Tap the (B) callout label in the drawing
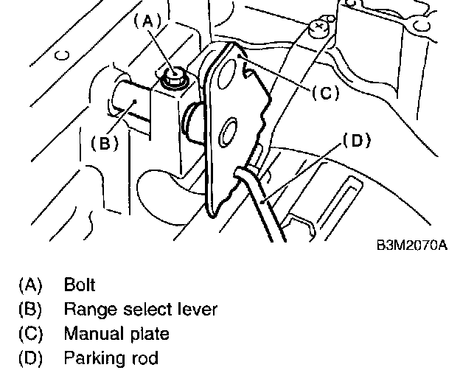(x=104, y=143)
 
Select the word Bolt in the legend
(x=80, y=284)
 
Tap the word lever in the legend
(x=195, y=309)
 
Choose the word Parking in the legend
(x=92, y=359)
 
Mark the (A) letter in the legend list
(x=31, y=284)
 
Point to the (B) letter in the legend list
(x=31, y=309)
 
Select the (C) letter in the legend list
(x=31, y=334)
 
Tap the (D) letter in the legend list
(x=31, y=359)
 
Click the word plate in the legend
(x=147, y=334)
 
